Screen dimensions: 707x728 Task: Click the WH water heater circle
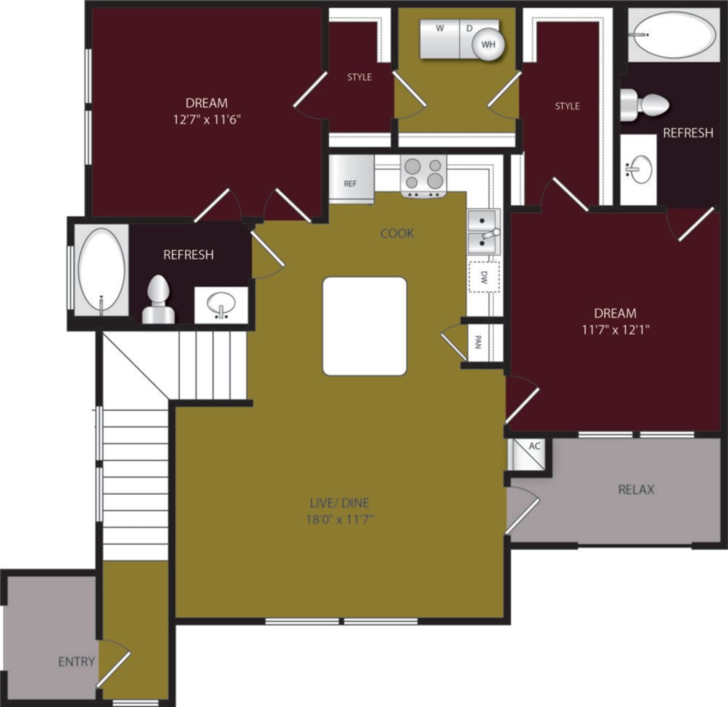[488, 44]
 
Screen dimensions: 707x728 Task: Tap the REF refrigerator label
[350, 184]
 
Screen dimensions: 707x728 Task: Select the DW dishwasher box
[483, 277]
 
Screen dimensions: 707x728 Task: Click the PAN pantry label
[478, 342]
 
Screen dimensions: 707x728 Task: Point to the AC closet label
[535, 446]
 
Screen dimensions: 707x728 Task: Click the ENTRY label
[76, 661]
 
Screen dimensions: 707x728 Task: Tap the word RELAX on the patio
[636, 489]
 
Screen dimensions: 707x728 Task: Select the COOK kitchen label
[397, 233]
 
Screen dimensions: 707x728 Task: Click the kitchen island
[365, 326]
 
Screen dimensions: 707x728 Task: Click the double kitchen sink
[483, 232]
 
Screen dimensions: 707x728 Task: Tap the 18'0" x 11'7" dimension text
[340, 519]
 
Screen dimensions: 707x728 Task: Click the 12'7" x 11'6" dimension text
[207, 119]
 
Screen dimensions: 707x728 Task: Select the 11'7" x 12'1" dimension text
[615, 329]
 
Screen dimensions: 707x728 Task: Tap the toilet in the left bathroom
[158, 300]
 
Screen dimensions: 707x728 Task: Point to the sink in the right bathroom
[639, 169]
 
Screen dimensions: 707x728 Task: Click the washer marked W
[440, 39]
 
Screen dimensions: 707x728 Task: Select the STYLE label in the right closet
[567, 106]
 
